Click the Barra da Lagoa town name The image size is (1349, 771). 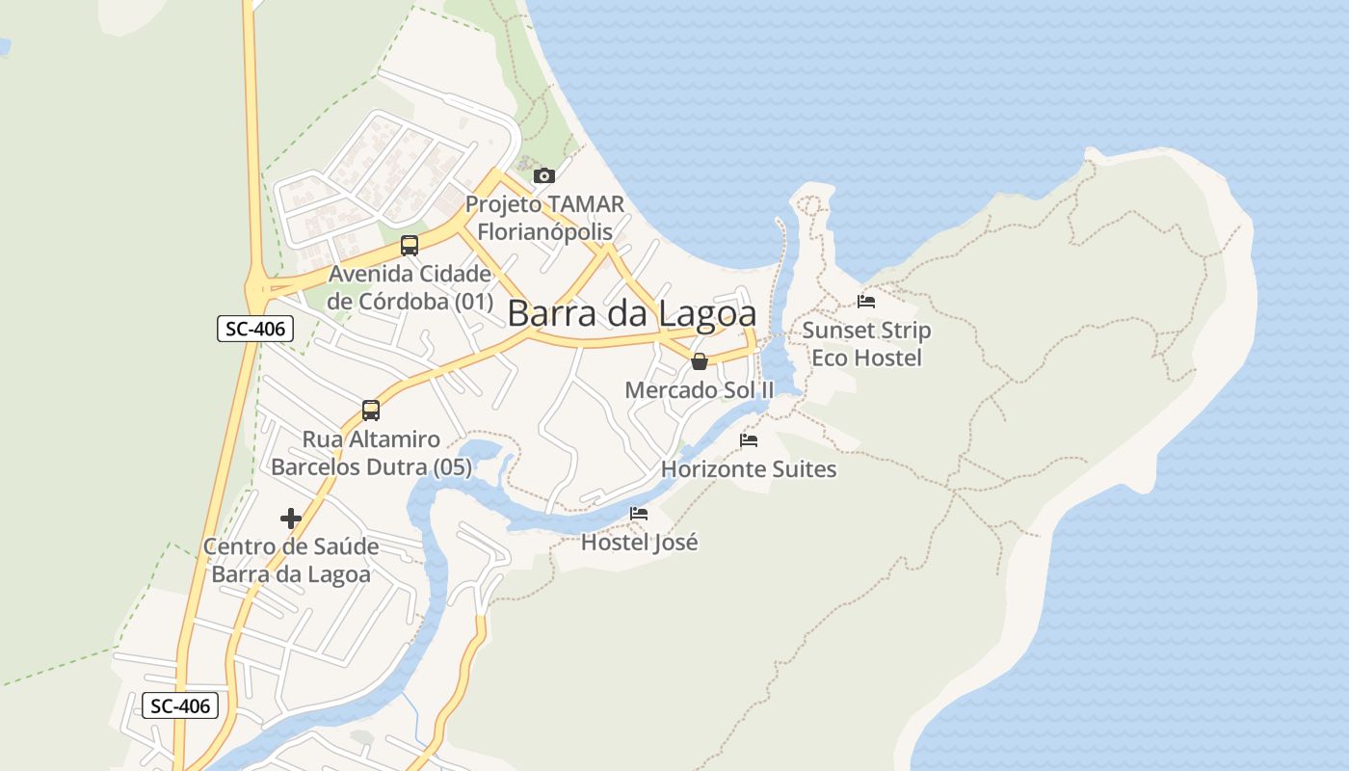[631, 313]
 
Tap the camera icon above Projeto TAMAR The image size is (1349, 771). [544, 175]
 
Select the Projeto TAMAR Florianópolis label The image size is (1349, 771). [544, 218]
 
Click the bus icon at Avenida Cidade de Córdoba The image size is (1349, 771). [410, 245]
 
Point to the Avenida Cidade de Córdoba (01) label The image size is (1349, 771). [410, 287]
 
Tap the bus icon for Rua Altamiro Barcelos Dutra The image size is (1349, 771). [371, 411]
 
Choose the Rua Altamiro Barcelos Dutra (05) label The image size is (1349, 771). [371, 453]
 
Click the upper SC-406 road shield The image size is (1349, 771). [255, 329]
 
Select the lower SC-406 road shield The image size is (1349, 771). [181, 705]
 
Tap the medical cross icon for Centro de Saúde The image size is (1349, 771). [291, 518]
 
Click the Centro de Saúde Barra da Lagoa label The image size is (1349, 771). [291, 560]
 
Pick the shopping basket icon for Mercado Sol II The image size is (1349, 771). [700, 361]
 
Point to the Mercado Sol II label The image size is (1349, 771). [700, 390]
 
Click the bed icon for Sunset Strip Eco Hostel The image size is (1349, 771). [866, 301]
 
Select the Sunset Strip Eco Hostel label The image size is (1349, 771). [866, 344]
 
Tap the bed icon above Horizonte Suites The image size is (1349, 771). [749, 440]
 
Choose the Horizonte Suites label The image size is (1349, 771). [749, 469]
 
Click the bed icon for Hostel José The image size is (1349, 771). [639, 513]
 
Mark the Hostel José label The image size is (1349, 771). [639, 542]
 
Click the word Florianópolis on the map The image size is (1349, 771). [544, 232]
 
